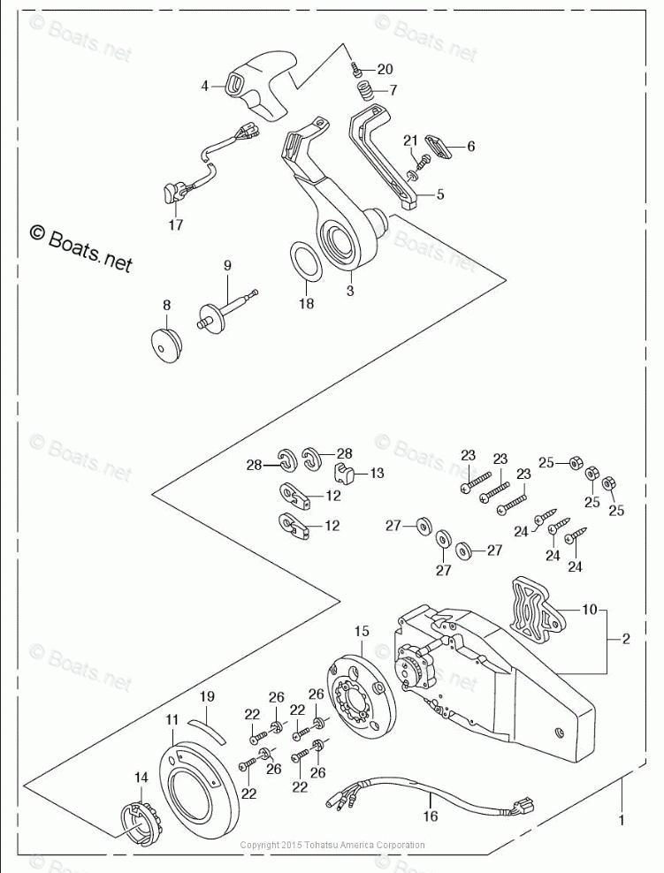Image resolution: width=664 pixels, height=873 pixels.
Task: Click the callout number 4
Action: [205, 86]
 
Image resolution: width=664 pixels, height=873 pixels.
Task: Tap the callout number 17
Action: [175, 224]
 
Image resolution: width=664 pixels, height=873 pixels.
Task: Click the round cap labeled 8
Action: [164, 341]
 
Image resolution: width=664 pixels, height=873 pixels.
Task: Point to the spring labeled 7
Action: [363, 90]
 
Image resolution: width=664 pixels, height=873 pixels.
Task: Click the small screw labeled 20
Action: [355, 67]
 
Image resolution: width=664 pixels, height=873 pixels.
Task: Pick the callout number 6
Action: [471, 146]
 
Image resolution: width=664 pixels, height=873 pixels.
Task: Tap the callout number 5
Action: [440, 194]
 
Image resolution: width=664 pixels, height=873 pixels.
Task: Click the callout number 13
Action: [377, 473]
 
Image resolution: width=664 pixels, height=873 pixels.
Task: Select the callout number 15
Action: [362, 631]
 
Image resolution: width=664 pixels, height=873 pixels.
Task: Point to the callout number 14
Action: [141, 778]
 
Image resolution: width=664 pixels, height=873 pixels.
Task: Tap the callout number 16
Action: [431, 816]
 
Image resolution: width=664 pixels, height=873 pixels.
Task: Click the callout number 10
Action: [590, 609]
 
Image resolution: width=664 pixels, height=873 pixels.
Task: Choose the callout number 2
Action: [626, 639]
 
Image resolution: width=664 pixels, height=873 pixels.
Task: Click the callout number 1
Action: [622, 820]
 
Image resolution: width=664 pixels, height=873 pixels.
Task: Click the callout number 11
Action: [172, 720]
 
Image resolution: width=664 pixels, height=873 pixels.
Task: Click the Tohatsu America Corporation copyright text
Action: [332, 845]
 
